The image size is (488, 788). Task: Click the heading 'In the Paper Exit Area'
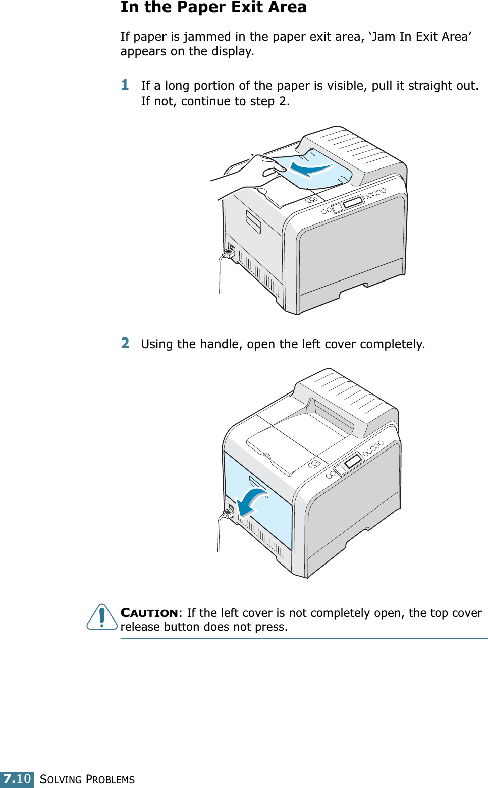pos(213,8)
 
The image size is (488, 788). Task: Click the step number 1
pos(125,85)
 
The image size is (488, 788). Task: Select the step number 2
pos(125,343)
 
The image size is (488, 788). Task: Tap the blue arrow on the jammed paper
pos(309,168)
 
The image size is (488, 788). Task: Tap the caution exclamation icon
pos(102,617)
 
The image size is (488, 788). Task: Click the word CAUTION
pos(149,613)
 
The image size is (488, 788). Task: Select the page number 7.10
pos(17,779)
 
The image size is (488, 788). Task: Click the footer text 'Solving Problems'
pos(87,779)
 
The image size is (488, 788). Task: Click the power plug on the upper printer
pos(229,251)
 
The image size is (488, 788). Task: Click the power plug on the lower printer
pos(228,512)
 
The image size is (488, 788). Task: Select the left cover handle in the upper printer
pos(253,221)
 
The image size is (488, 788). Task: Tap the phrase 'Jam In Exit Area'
pos(420,37)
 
